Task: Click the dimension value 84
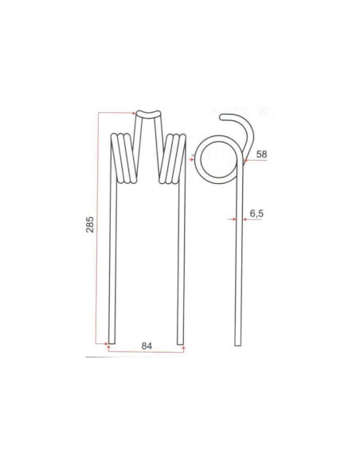147,346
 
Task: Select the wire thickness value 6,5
256,213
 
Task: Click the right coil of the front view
175,158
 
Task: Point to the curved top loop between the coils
148,115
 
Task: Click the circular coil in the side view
216,158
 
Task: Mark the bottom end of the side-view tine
238,342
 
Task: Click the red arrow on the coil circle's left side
191,158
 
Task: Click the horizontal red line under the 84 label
147,350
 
